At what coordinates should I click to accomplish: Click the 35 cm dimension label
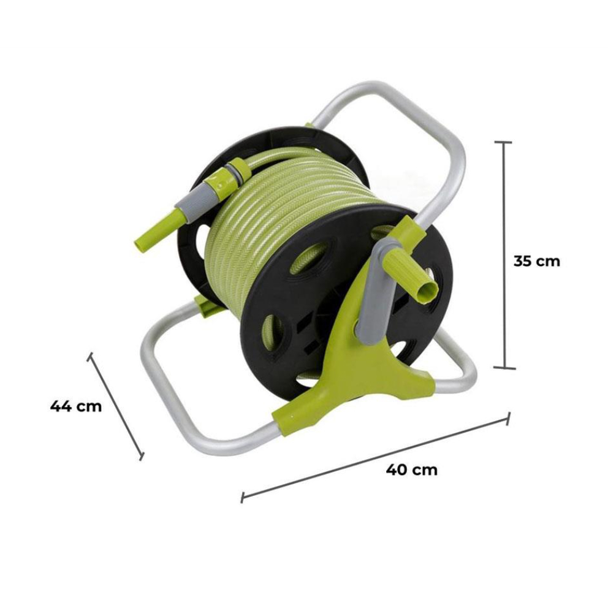point(537,261)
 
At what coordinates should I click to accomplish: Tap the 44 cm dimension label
point(76,406)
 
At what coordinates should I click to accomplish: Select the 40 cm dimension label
point(412,469)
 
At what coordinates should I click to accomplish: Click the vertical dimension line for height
point(504,255)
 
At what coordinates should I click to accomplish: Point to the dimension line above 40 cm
point(375,458)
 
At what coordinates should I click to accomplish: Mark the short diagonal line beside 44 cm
point(116,406)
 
